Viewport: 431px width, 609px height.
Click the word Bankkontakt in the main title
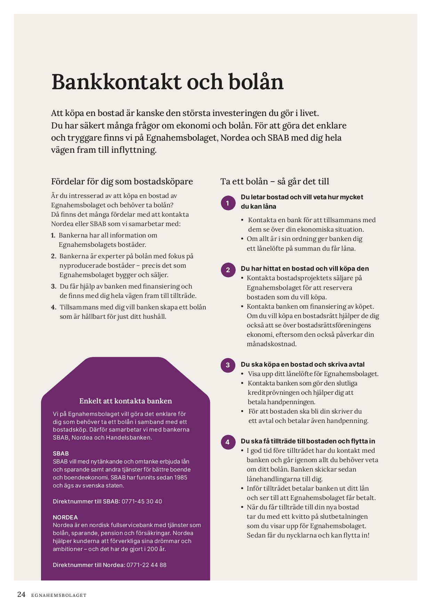[x=116, y=82]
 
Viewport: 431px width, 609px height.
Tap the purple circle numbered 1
[x=228, y=203]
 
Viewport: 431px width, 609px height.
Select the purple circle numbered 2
[x=228, y=270]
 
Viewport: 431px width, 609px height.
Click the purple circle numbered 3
[x=228, y=365]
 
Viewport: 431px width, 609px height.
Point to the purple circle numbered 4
[x=228, y=442]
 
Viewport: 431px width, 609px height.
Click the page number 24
[x=21, y=594]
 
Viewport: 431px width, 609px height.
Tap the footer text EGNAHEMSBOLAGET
[x=59, y=595]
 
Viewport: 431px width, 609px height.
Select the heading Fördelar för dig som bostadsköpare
[x=122, y=182]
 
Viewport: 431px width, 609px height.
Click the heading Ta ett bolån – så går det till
[x=275, y=182]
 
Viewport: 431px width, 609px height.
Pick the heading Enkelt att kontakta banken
[x=125, y=401]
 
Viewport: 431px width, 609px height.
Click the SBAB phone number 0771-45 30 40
[x=142, y=501]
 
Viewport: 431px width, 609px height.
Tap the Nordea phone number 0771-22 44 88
[x=146, y=565]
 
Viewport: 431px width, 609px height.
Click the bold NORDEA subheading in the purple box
[x=65, y=517]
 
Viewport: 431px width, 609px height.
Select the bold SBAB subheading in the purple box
[x=61, y=453]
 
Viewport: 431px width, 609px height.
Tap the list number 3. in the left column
[x=54, y=286]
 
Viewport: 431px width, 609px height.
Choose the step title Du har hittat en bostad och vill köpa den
[x=304, y=269]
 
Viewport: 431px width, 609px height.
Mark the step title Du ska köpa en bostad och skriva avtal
[x=302, y=365]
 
